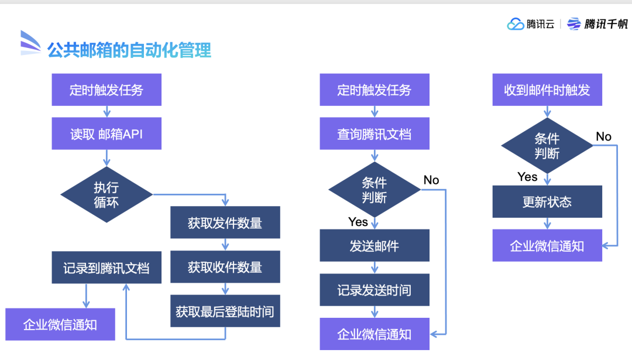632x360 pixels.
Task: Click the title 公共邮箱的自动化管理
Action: click(x=129, y=50)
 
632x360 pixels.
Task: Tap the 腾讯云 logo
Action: click(x=531, y=24)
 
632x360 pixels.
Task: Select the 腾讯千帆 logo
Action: click(x=597, y=24)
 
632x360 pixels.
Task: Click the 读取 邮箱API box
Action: click(x=107, y=134)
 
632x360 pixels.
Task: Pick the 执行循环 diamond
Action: click(x=106, y=194)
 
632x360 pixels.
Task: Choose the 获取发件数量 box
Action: click(x=225, y=222)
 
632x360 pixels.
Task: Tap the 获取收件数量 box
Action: click(x=225, y=267)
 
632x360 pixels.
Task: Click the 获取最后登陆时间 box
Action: click(x=225, y=311)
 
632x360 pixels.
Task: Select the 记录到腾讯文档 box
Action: click(x=107, y=268)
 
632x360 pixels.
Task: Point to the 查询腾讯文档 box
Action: click(x=374, y=134)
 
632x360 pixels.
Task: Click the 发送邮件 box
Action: click(x=374, y=245)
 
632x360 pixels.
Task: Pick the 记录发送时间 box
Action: click(x=374, y=290)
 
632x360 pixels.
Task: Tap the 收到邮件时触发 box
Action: click(x=547, y=90)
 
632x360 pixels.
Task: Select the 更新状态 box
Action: click(x=547, y=201)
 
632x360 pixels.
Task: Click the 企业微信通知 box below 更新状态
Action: click(x=547, y=245)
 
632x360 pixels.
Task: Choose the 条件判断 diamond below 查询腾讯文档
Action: click(x=374, y=190)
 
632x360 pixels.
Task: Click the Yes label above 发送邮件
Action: click(x=358, y=222)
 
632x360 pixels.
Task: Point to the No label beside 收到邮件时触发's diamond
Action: click(x=603, y=136)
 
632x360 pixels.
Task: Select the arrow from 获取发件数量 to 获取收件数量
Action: click(x=225, y=245)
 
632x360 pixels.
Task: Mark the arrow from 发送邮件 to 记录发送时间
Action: click(x=375, y=268)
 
